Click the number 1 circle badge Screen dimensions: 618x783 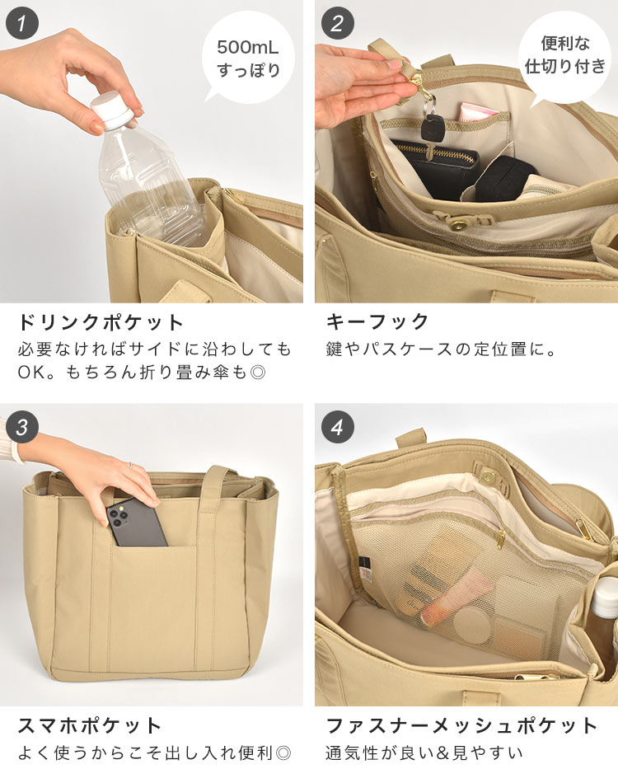(x=22, y=23)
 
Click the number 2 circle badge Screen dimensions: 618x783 (x=338, y=23)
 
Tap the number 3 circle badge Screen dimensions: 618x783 (x=22, y=427)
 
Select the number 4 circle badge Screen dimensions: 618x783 (x=338, y=427)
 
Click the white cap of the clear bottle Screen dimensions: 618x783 (x=112, y=110)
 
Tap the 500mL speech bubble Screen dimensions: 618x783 (x=247, y=58)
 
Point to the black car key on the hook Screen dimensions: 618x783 (x=429, y=129)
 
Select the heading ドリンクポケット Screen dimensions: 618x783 (x=101, y=322)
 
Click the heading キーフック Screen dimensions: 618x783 (x=377, y=321)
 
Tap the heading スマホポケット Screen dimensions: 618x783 (x=90, y=725)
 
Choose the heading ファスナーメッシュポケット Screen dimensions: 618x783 (x=461, y=725)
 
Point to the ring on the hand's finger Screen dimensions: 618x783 (x=131, y=465)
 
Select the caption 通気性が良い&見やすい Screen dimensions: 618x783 (x=424, y=753)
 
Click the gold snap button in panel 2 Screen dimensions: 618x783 (x=456, y=226)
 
